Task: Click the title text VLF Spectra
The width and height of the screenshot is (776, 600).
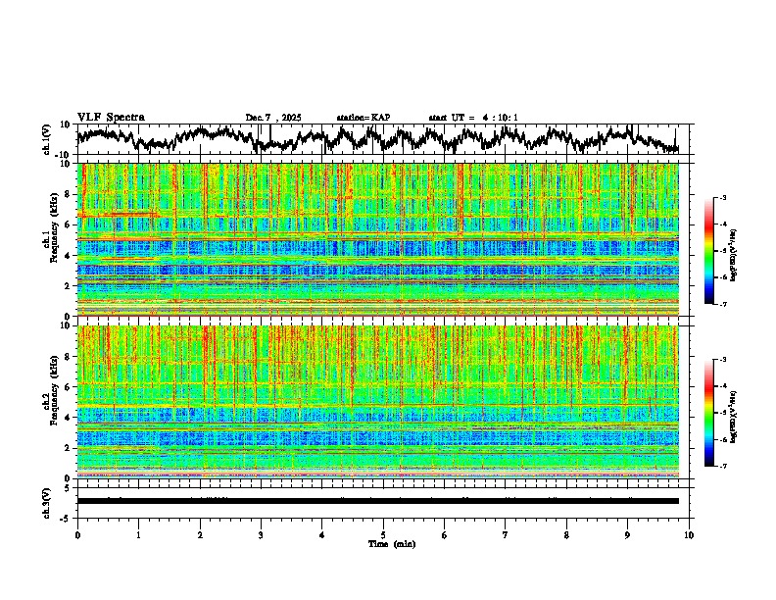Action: (111, 117)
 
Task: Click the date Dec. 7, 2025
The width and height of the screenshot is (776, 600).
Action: (273, 118)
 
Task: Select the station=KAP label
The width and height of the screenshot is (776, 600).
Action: (363, 118)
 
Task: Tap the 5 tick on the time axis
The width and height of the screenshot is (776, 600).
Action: (383, 534)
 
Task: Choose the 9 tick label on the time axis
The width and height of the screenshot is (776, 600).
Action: (628, 534)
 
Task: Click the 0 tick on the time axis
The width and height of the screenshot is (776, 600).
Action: (77, 534)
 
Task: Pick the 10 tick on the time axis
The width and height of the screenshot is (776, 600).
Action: (689, 534)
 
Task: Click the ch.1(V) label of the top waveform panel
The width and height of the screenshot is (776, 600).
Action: (48, 139)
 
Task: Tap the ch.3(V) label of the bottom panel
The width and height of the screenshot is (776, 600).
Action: (48, 500)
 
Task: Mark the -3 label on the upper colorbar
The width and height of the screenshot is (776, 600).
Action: (733, 198)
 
